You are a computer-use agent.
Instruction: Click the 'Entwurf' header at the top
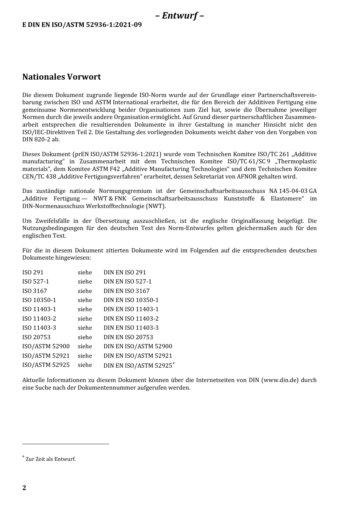pos(180,16)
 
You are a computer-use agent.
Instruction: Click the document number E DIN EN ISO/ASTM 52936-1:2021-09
pos(82,25)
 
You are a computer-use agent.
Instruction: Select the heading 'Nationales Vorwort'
pos(61,77)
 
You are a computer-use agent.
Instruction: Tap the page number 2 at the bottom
pos(24,488)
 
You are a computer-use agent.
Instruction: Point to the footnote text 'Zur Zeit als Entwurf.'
pos(50,459)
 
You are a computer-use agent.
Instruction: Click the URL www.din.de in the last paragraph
pos(280,380)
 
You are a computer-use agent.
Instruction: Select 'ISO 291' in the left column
pos(33,273)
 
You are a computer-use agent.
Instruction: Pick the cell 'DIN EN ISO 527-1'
pos(127,282)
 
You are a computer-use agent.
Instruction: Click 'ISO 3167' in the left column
pos(34,291)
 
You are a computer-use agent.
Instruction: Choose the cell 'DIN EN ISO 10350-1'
pos(131,300)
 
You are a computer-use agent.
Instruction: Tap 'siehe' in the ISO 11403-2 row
pos(85,319)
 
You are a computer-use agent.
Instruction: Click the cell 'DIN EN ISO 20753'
pos(128,337)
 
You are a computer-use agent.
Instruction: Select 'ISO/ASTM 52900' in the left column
pos(46,346)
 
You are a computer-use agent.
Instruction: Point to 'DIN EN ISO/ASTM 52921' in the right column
pos(138,356)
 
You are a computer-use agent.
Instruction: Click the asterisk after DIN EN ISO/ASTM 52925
pos(174,363)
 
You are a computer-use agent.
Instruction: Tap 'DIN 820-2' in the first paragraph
pos(36,139)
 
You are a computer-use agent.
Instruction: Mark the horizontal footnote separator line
pos(66,444)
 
